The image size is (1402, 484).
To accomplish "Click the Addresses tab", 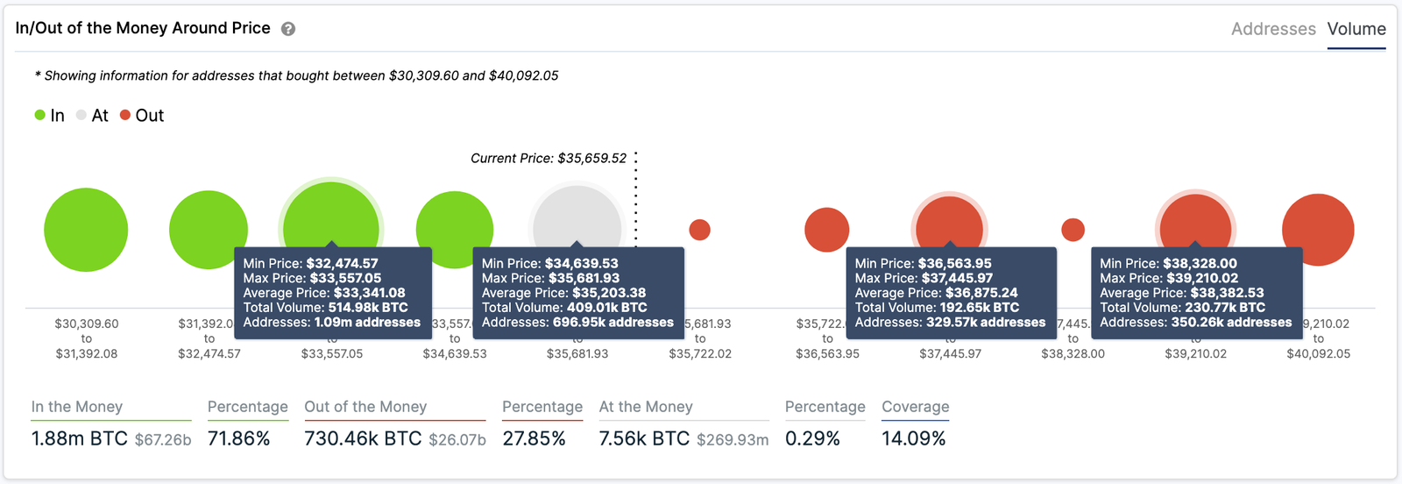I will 1272,29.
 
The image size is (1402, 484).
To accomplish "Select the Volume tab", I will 1356,29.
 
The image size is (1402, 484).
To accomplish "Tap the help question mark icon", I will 288,29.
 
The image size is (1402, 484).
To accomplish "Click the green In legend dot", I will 39,115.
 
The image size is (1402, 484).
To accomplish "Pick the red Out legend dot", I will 125,115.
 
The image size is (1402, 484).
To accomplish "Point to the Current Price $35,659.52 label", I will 549,159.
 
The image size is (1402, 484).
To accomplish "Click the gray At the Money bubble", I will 577,215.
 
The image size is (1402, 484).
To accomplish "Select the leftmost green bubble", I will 86,230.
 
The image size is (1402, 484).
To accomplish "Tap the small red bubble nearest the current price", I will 699,230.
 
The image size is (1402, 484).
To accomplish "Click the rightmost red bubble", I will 1318,230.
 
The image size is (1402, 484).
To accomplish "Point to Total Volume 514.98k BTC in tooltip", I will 326,308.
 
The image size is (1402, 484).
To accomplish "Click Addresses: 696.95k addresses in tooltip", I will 577,323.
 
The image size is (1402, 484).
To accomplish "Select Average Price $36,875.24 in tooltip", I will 936,293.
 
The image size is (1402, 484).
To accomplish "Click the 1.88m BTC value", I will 80,438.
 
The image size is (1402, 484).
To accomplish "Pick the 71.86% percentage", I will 238,438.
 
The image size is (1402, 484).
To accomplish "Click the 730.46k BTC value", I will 363,438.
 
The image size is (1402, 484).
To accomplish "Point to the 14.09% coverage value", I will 913,438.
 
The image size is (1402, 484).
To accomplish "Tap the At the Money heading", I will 646,407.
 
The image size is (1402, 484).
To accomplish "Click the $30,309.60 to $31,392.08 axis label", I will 86,338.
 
